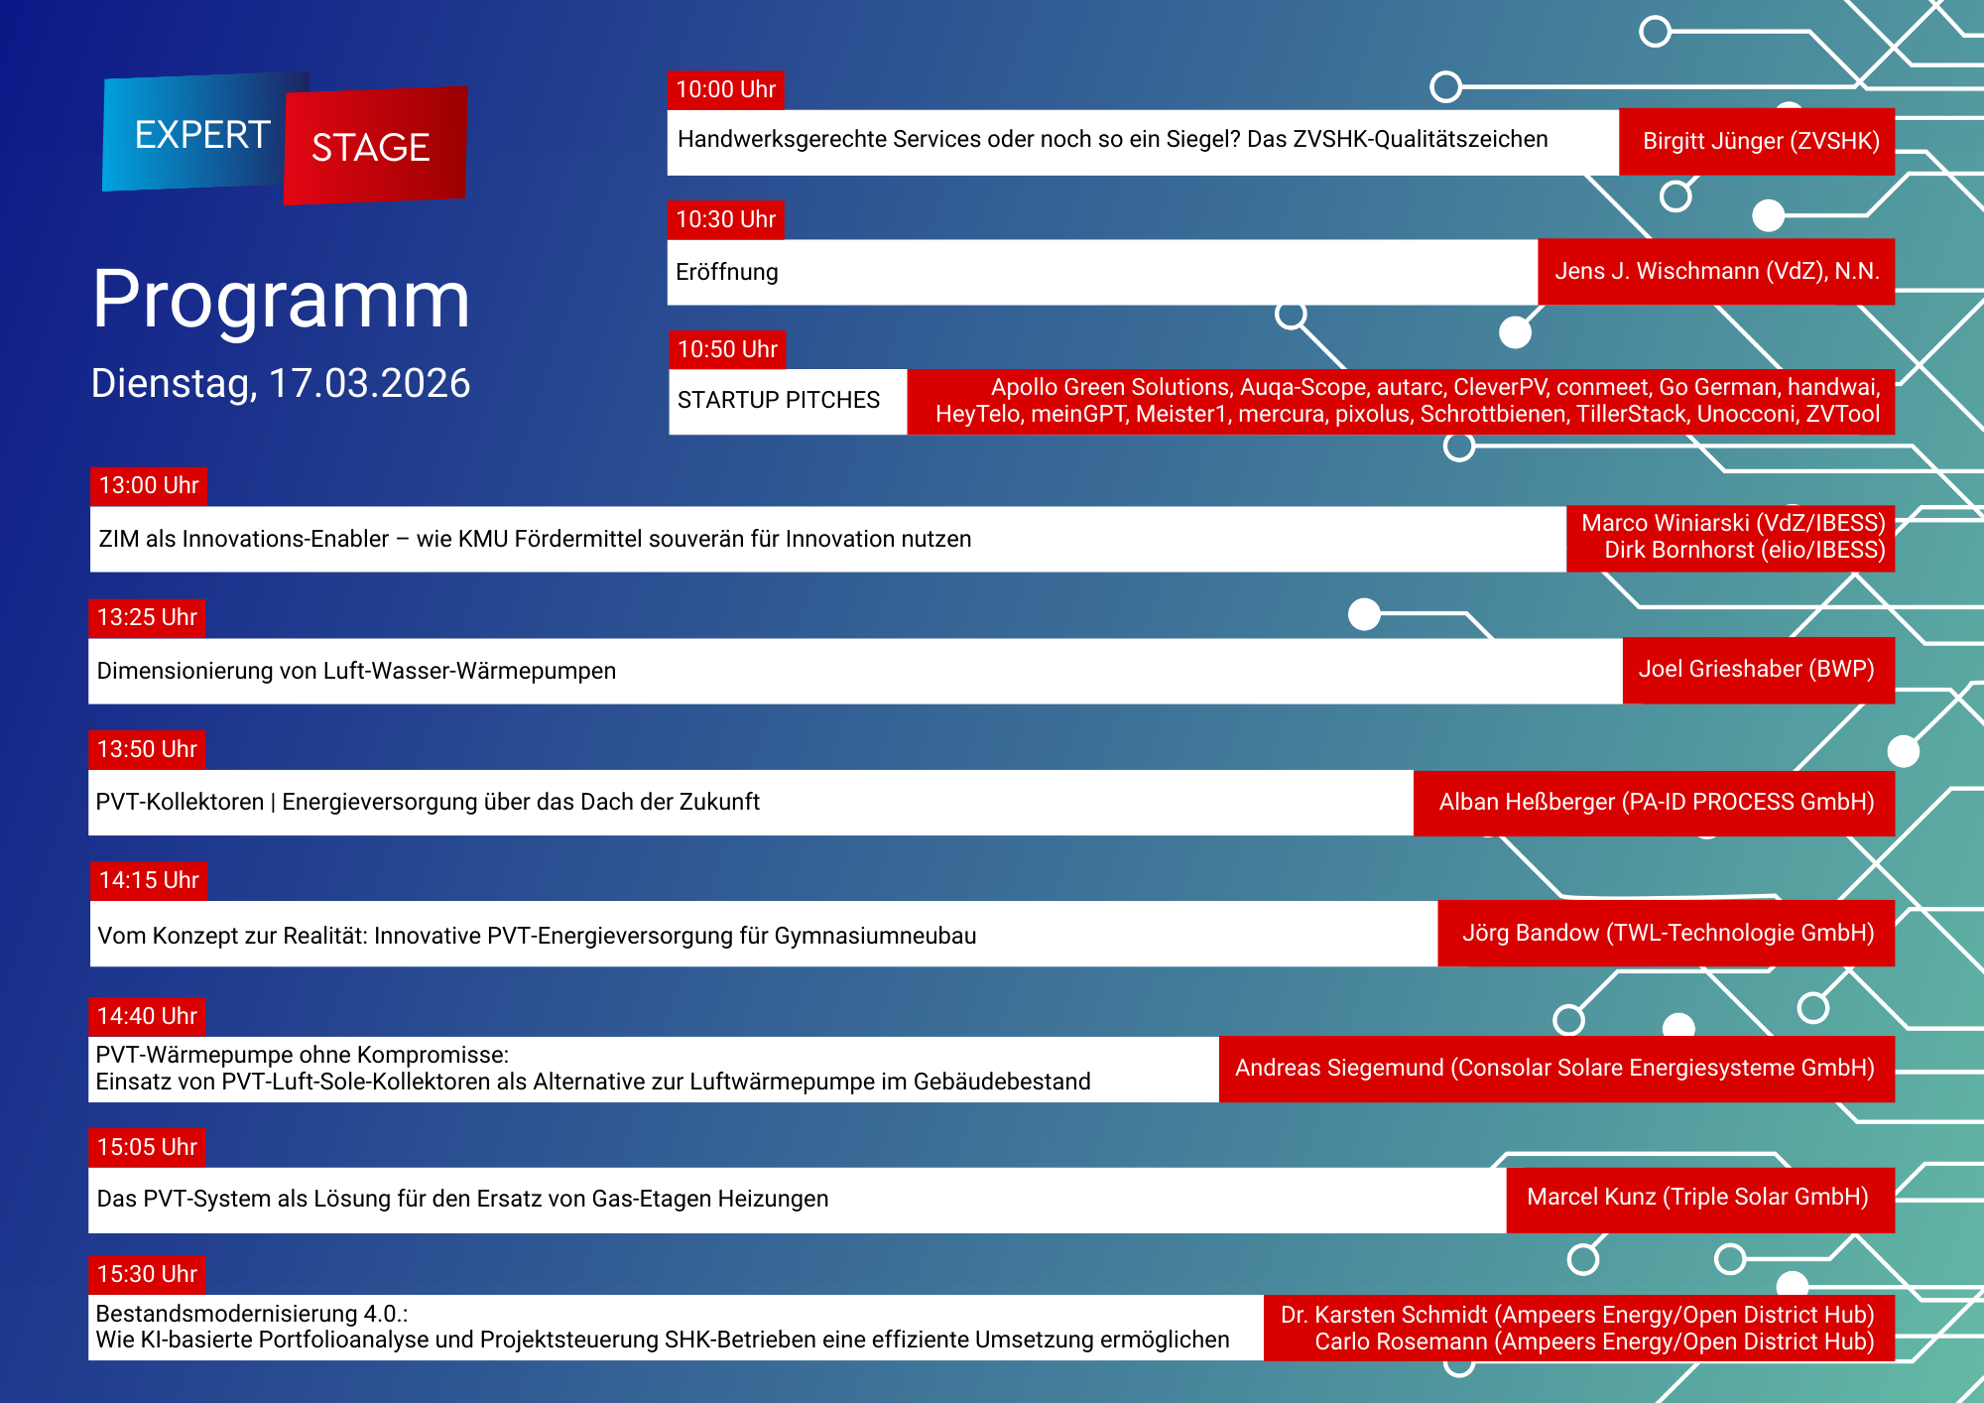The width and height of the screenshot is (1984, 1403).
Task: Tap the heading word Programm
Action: [x=281, y=299]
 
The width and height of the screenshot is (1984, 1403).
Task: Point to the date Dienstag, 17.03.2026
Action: [x=281, y=384]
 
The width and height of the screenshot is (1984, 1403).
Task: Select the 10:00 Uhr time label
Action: [x=725, y=90]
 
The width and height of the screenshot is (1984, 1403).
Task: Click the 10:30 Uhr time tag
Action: [x=725, y=219]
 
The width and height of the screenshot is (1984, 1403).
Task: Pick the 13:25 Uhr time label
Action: [x=147, y=617]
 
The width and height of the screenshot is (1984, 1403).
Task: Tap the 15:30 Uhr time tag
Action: [x=147, y=1274]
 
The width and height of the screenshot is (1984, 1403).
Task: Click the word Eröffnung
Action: [x=727, y=272]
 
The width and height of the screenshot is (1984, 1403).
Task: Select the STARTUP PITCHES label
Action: [x=779, y=400]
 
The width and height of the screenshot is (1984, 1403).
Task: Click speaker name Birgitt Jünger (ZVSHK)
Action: [x=1761, y=141]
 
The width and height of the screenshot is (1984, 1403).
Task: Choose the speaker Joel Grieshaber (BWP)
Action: [x=1756, y=669]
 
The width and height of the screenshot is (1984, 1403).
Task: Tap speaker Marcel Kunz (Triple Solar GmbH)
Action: [x=1697, y=1197]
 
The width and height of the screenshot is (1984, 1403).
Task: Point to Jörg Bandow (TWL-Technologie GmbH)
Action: [x=1668, y=933]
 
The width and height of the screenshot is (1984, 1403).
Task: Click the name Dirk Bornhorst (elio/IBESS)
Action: [x=1744, y=551]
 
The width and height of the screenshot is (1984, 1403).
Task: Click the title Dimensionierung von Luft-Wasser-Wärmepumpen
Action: [x=356, y=671]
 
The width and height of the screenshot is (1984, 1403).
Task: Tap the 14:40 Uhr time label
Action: [x=147, y=1016]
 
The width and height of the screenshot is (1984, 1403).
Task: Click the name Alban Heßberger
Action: [x=1527, y=802]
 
